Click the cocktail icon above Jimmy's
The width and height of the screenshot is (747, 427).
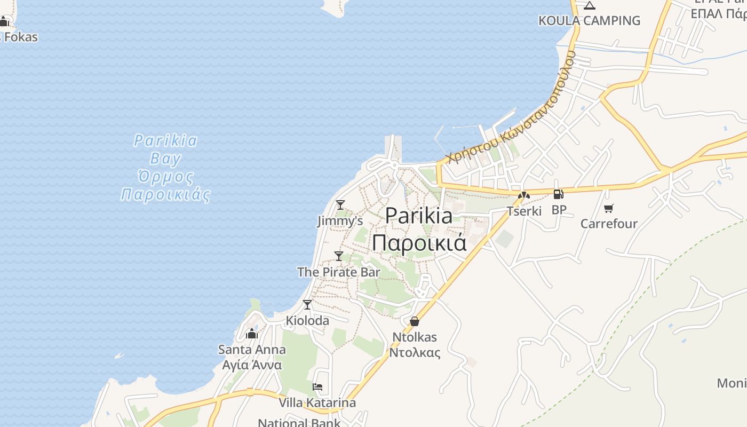340,204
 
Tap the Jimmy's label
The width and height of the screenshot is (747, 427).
340,220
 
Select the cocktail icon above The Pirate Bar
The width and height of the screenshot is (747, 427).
338,256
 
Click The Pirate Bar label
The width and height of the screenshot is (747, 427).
338,272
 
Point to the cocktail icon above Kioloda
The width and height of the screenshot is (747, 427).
307,305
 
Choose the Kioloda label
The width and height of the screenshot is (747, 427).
307,320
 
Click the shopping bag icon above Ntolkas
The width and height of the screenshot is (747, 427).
415,321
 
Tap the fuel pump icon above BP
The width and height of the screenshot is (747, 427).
559,194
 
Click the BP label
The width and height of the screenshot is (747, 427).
559,210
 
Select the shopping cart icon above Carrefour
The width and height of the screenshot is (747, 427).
608,208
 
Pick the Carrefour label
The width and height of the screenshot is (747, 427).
609,223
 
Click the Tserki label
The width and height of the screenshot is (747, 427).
524,211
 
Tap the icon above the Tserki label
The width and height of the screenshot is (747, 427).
524,195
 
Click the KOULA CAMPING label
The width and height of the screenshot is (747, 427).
589,20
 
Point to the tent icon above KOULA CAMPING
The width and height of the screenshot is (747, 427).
589,5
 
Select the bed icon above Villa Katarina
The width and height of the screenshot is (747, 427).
317,387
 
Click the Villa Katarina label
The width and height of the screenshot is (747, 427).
317,402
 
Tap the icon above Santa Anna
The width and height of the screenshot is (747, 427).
252,334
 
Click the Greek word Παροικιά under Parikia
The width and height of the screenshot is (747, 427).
419,243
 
